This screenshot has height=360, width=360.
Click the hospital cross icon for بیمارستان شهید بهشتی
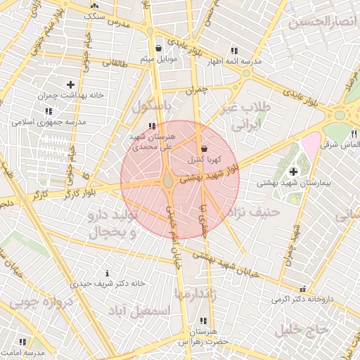(292, 172)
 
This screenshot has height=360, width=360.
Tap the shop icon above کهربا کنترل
(204, 149)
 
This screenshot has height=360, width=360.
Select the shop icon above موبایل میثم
(159, 48)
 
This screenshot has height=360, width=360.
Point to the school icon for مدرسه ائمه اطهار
(233, 51)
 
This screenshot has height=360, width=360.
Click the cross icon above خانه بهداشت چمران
(70, 84)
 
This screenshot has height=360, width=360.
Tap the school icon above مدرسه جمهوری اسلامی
(48, 111)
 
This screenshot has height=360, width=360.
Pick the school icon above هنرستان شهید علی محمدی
(152, 127)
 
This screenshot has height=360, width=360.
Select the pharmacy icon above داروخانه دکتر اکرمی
(302, 288)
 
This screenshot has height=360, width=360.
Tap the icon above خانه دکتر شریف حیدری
(107, 273)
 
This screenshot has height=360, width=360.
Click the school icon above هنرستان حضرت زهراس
(204, 321)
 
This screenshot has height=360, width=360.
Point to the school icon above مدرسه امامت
(23, 342)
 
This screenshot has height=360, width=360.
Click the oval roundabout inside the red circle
(169, 181)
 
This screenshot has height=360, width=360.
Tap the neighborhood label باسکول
(152, 108)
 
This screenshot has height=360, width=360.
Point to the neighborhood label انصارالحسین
(324, 23)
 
